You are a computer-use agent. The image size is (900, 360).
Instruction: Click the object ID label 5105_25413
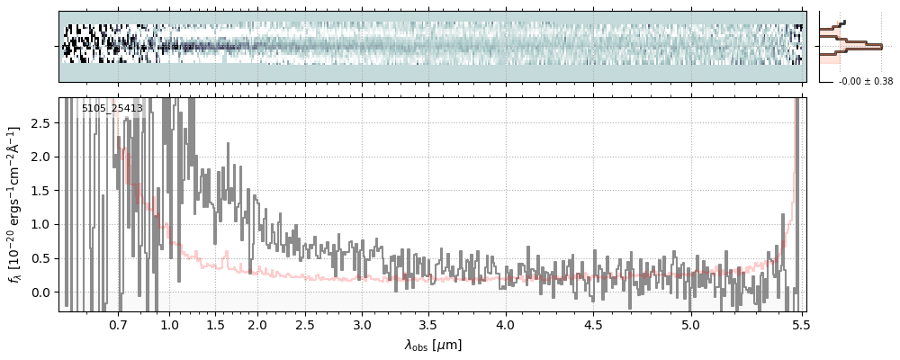112,109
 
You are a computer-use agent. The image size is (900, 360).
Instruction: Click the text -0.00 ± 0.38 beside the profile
865,82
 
